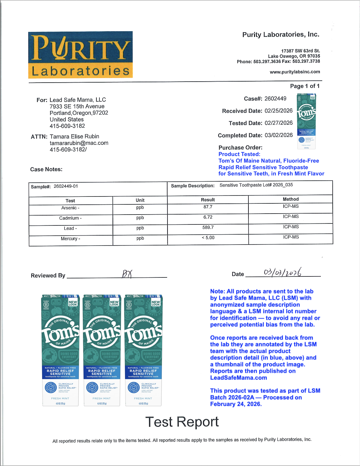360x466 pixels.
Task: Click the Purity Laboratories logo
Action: pos(80,55)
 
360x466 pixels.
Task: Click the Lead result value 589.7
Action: pos(208,227)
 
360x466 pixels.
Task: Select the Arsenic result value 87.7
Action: pos(208,207)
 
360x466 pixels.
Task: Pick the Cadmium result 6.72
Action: pos(208,217)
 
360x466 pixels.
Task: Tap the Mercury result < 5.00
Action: pos(208,238)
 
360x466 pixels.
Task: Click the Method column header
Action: pos(291,199)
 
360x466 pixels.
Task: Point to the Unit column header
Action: pos(140,200)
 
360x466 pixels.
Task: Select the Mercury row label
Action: pos(70,239)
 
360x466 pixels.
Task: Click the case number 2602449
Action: pos(275,98)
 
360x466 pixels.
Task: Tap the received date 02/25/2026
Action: pos(278,111)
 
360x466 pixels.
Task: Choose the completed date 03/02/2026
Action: pos(278,135)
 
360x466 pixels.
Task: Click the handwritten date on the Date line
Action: pos(282,272)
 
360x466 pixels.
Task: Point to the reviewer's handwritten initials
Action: pos(127,274)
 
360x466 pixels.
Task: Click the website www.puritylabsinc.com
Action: pos(295,72)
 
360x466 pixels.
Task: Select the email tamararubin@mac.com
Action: pos(79,143)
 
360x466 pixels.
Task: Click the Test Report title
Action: pos(182,422)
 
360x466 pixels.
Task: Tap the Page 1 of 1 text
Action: pos(305,86)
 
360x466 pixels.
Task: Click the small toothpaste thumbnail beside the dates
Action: pos(306,121)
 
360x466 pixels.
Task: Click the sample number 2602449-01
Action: pos(66,186)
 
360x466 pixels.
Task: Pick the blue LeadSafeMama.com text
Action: pos(239,378)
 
